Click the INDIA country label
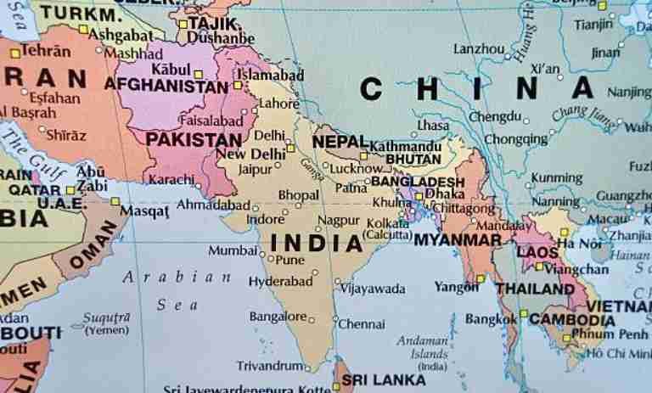click(x=317, y=242)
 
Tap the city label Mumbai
click(x=232, y=251)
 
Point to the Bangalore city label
click(x=277, y=317)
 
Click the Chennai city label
click(x=362, y=323)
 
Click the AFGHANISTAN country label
click(x=166, y=85)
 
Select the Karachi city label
click(x=171, y=180)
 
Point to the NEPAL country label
click(x=340, y=141)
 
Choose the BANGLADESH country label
click(x=418, y=182)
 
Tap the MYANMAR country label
click(x=458, y=240)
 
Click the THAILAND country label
click(x=535, y=289)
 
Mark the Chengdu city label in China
click(x=495, y=116)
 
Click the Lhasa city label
click(x=433, y=125)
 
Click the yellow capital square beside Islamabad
click(x=238, y=86)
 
